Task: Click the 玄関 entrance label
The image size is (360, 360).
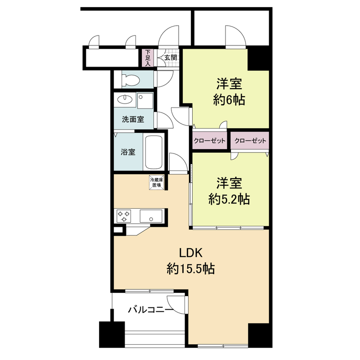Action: pos(171,57)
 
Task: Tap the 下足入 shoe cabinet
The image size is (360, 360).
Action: pos(148,58)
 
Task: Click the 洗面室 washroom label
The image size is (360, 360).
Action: pos(133,119)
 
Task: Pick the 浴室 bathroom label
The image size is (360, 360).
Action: pos(128,152)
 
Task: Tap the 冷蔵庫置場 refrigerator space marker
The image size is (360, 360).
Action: pos(156,182)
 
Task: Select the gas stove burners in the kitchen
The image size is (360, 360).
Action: pos(123,216)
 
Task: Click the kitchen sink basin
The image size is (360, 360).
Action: pos(153,216)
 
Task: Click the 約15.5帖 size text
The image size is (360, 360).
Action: pos(190,269)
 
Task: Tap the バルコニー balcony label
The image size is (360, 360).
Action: pos(150,310)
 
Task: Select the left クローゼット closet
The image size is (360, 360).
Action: pos(209,141)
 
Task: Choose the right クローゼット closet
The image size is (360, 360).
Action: pos(250,141)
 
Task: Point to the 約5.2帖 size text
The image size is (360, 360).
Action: pos(229,198)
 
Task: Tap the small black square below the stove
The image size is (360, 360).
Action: pos(117,230)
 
